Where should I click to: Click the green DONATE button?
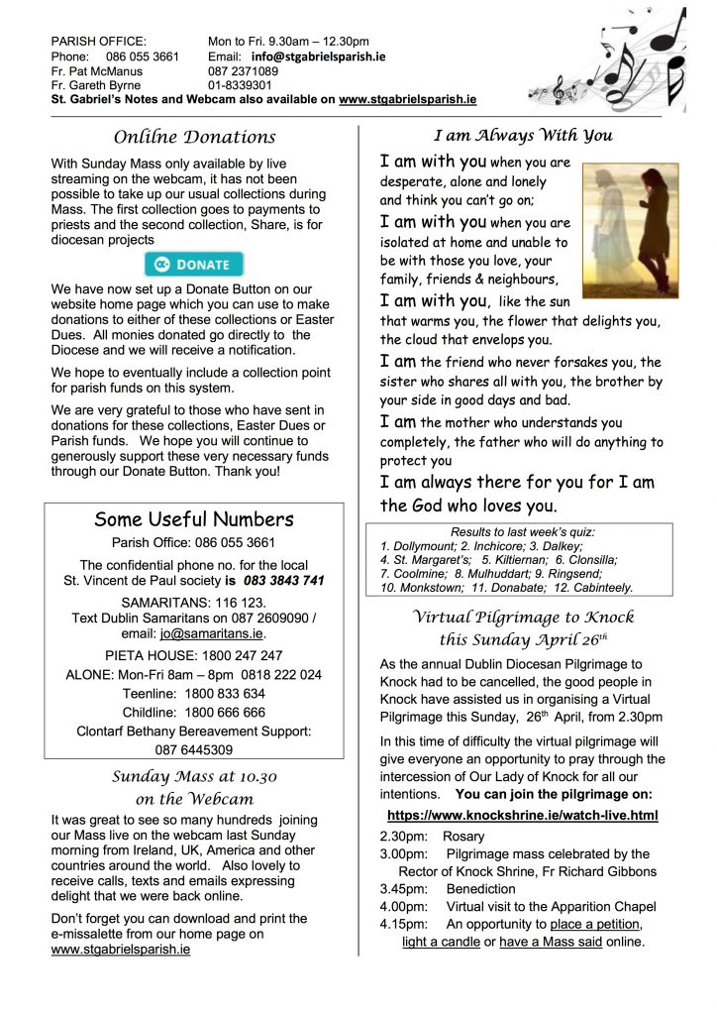tap(194, 265)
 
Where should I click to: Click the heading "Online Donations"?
tap(194, 137)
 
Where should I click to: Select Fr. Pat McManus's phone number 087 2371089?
tap(243, 71)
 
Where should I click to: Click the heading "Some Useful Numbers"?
tap(194, 519)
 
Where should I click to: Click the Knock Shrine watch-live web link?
tap(522, 815)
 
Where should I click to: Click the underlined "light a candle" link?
tap(441, 941)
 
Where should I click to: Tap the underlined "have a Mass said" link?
tap(550, 941)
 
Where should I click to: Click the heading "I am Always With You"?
tap(523, 135)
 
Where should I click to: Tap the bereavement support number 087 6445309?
tap(194, 749)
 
